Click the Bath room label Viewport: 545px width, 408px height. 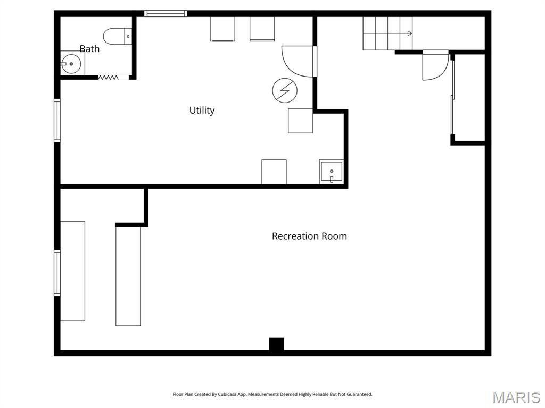pyautogui.click(x=89, y=49)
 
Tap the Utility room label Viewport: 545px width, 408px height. pyautogui.click(x=202, y=110)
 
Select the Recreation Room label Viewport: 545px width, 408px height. pyautogui.click(x=309, y=236)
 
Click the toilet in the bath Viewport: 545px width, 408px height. pyautogui.click(x=117, y=36)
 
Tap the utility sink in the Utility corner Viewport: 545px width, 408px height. pyautogui.click(x=331, y=172)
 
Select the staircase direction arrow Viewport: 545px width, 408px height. pyautogui.click(x=409, y=33)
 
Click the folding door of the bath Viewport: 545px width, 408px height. pyautogui.click(x=108, y=78)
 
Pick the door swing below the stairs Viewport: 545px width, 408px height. pyautogui.click(x=434, y=66)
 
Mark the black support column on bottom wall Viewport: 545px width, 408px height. pyautogui.click(x=276, y=344)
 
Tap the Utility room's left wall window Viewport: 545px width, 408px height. pyautogui.click(x=57, y=120)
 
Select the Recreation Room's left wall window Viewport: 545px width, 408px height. pyautogui.click(x=57, y=273)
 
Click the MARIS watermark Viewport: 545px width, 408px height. pyautogui.click(x=516, y=397)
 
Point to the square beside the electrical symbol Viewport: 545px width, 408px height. pyautogui.click(x=300, y=121)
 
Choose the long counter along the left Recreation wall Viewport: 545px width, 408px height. pyautogui.click(x=72, y=271)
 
